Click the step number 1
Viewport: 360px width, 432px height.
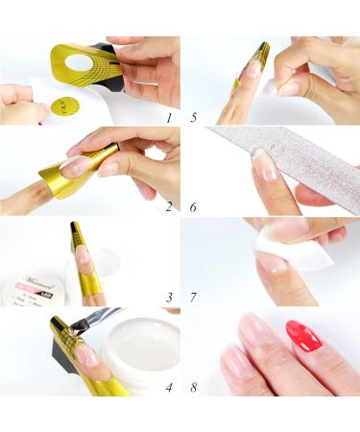[x=168, y=118]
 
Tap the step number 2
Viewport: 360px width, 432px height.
[x=168, y=206]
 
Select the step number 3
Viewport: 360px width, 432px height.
[x=168, y=297]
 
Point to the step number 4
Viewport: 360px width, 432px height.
[x=168, y=387]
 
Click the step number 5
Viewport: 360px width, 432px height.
[x=195, y=119]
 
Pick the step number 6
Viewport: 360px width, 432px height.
[x=195, y=206]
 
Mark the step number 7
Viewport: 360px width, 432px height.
[x=195, y=297]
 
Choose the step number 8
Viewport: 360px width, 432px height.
[x=195, y=387]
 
